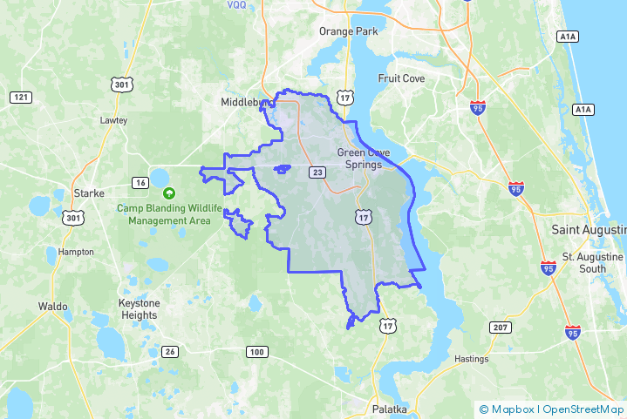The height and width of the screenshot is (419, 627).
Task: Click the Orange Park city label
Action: coord(348,31)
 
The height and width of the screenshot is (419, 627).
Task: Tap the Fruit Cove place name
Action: coord(400,78)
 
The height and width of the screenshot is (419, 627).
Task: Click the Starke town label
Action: coord(89,193)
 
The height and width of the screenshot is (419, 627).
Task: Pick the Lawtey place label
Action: coord(113,120)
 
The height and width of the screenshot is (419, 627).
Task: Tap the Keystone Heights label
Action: coord(138,309)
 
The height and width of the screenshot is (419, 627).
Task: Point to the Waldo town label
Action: coord(54,306)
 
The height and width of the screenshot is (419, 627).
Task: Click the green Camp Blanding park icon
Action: coord(169,193)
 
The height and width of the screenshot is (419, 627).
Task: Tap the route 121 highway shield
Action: coord(19,97)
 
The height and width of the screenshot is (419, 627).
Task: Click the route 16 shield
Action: coord(140,182)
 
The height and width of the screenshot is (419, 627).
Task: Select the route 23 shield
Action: coord(317,172)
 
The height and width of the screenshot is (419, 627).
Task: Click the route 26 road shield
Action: coord(169,352)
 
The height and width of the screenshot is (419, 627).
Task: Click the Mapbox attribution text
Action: coord(514,409)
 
